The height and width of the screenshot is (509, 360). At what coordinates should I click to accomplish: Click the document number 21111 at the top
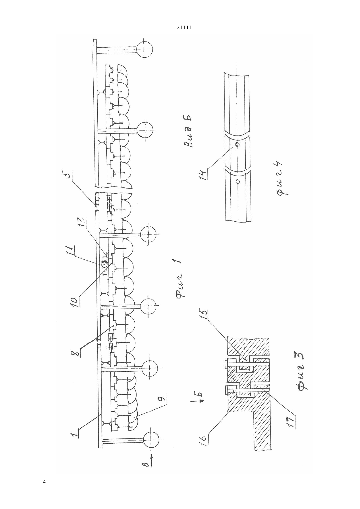point(184,28)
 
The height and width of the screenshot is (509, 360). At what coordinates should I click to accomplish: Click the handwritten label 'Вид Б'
point(189,132)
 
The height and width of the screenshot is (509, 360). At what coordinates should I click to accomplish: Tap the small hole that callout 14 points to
point(237,144)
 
